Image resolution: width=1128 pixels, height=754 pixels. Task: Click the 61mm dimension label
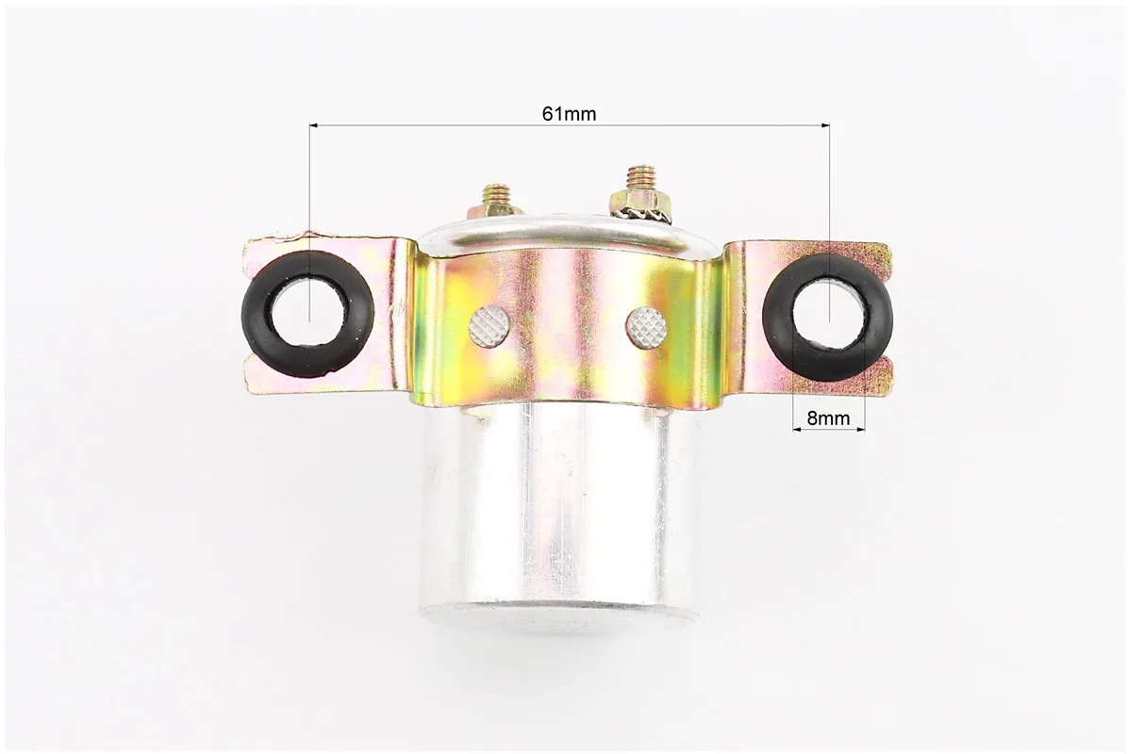tap(569, 113)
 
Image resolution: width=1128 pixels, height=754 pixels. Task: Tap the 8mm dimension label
tap(828, 418)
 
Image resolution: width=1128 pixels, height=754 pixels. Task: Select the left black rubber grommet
tap(308, 314)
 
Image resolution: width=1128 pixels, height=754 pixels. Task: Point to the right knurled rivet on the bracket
tap(647, 326)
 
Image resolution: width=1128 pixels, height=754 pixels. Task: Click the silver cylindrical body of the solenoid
tap(559, 510)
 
